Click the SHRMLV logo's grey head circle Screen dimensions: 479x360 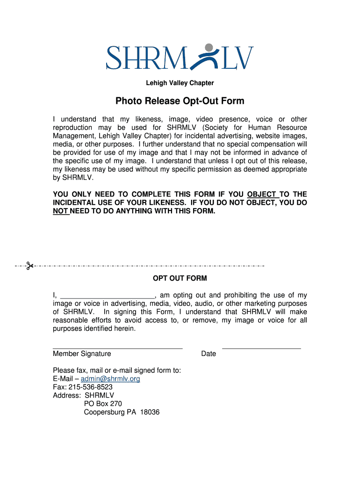pos(209,47)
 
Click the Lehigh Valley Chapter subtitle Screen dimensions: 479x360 pos(180,83)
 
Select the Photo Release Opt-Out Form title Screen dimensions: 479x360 pos(180,101)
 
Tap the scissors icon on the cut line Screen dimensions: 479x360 pos(29,266)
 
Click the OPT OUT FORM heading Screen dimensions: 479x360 pos(180,278)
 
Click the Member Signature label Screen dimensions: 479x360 pos(82,354)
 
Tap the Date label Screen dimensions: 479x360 pos(209,354)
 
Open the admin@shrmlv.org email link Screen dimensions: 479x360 pos(110,379)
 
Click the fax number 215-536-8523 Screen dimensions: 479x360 pos(91,387)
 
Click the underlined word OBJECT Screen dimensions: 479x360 pos(261,195)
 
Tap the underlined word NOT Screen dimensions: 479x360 pos(60,211)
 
